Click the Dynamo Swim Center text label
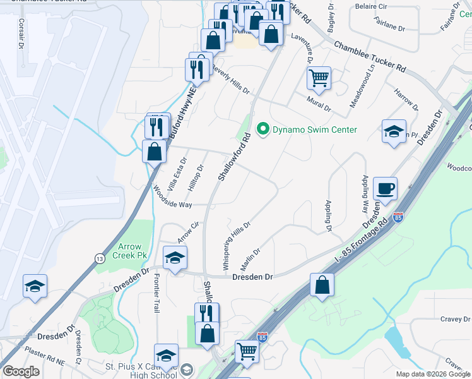coord(314,130)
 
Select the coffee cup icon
coord(385,188)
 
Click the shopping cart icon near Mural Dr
coord(319,78)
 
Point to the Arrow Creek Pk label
coord(128,251)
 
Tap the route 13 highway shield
coord(99,258)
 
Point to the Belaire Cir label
coord(370,6)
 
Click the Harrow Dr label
coord(405,98)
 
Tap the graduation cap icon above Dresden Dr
coord(175,257)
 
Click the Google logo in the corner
coord(21,371)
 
